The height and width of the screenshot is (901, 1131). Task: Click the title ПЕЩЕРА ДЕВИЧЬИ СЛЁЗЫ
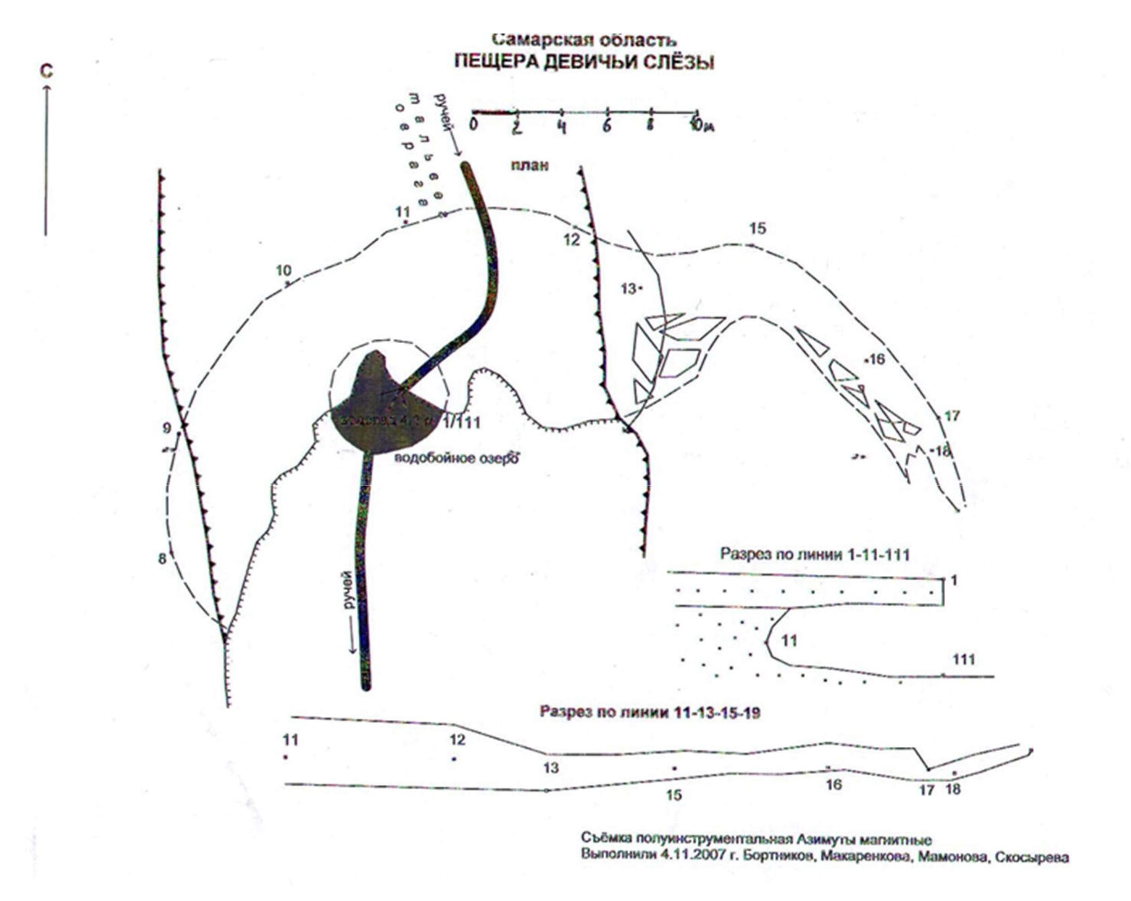point(584,62)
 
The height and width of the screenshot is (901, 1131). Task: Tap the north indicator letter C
point(46,71)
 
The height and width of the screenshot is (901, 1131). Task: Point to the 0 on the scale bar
point(474,125)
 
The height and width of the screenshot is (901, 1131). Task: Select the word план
point(528,165)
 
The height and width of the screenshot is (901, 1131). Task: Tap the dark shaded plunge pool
point(377,417)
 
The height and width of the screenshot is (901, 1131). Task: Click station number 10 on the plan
point(283,271)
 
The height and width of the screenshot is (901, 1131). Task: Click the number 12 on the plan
point(571,239)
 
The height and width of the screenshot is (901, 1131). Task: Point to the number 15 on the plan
point(757,228)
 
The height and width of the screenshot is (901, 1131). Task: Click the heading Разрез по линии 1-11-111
point(815,554)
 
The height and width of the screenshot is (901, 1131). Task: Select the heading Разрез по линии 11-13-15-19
point(650,712)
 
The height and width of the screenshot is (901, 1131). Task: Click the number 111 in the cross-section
point(964,659)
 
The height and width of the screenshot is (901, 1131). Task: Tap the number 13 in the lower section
point(551,768)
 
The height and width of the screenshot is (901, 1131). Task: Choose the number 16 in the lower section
point(833,785)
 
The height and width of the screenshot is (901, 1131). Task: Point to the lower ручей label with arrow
point(349,609)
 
